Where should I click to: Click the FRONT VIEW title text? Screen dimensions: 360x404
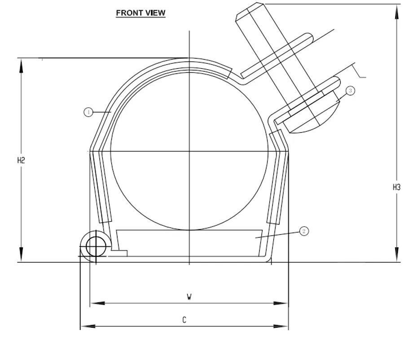(x=141, y=13)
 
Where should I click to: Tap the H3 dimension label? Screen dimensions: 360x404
(x=396, y=188)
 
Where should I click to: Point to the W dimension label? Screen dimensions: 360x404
(x=189, y=297)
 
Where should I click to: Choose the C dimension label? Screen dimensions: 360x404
(x=184, y=320)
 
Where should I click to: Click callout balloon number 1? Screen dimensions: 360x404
(x=88, y=112)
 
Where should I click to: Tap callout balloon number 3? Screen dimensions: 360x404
(x=351, y=91)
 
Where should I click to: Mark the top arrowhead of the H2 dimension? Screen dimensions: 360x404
(x=21, y=65)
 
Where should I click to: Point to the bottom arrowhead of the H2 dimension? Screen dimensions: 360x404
(x=21, y=255)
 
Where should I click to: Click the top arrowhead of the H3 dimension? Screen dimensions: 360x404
(x=396, y=11)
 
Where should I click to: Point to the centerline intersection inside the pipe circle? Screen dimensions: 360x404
(x=189, y=151)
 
